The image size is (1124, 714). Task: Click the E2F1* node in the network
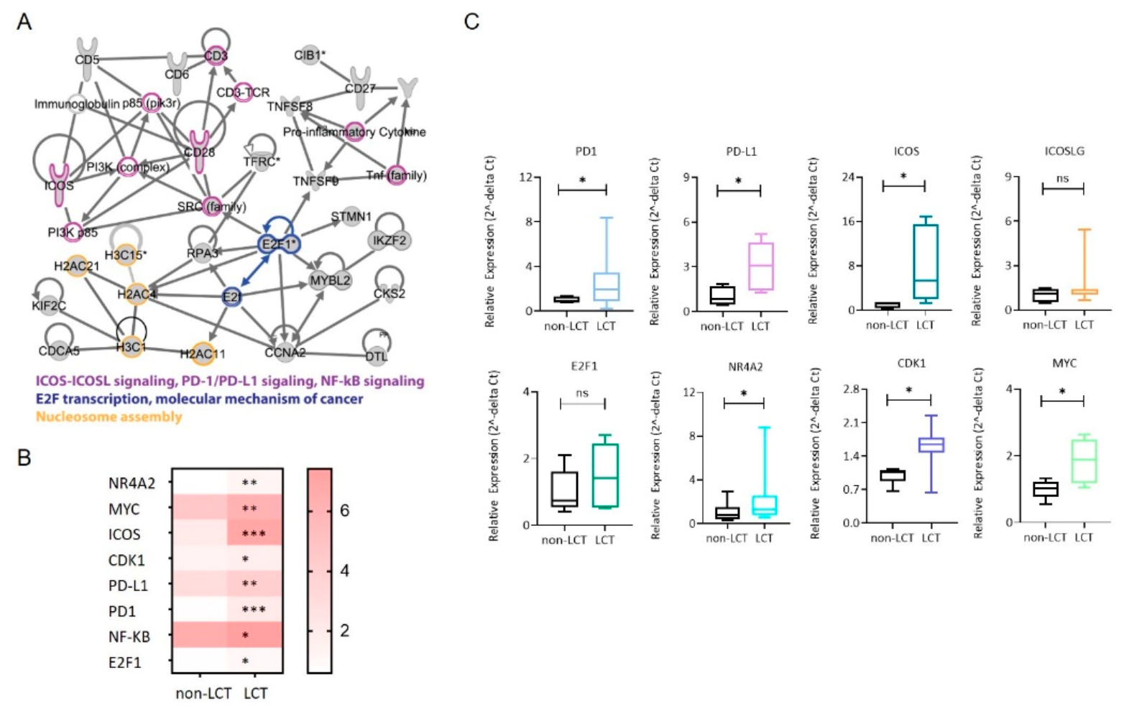point(279,244)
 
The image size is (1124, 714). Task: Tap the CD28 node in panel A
point(200,152)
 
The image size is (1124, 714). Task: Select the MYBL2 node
point(330,280)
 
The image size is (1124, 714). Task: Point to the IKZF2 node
point(390,241)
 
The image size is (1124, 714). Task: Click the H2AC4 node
point(137,294)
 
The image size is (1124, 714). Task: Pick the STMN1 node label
point(351,217)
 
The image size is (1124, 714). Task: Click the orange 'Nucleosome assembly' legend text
point(109,417)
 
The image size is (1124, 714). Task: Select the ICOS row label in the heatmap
point(125,534)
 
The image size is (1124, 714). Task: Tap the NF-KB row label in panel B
point(129,636)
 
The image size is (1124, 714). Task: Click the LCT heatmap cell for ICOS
point(255,534)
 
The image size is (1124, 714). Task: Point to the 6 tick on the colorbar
point(344,511)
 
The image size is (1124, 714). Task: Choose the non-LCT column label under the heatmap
point(203,694)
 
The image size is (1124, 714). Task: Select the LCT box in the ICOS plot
point(926,261)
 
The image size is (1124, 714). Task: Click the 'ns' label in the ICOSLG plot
point(1062,178)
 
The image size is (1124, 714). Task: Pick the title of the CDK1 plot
point(909,363)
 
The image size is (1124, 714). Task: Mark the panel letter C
point(471,22)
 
